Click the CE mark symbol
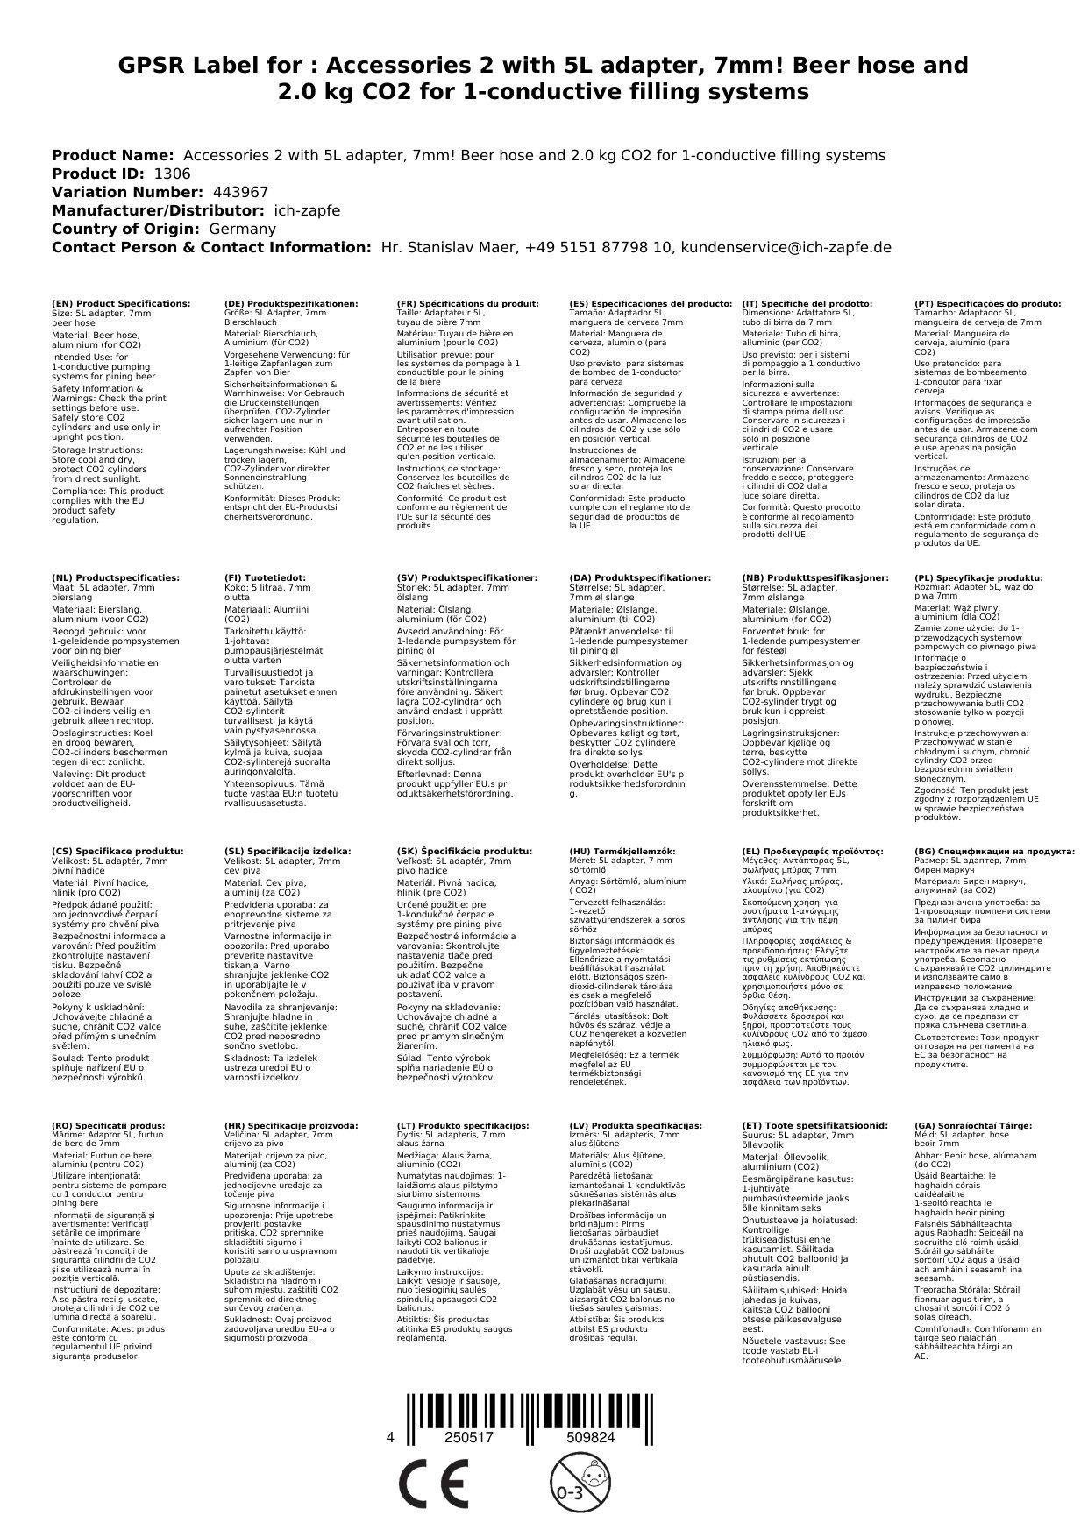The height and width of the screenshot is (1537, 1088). [432, 1484]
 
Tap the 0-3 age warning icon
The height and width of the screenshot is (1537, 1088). [572, 1483]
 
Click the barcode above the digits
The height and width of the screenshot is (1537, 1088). [529, 1410]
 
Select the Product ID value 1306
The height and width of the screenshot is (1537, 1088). [171, 174]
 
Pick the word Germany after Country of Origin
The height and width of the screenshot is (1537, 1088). [242, 229]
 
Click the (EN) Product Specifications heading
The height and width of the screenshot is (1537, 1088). [121, 303]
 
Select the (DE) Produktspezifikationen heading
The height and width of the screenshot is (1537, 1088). [291, 303]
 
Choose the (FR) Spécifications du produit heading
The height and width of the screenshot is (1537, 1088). [467, 303]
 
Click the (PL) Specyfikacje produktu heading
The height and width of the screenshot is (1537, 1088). [978, 577]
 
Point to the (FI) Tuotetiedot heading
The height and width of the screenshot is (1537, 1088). [265, 577]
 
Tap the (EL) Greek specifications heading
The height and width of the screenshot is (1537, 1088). [813, 851]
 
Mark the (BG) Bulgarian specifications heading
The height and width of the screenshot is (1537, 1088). [994, 851]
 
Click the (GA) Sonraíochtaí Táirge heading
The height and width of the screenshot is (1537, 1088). [961, 1125]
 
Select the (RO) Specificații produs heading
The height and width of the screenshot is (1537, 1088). [109, 1125]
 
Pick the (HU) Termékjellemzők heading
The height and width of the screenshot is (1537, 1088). [622, 851]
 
